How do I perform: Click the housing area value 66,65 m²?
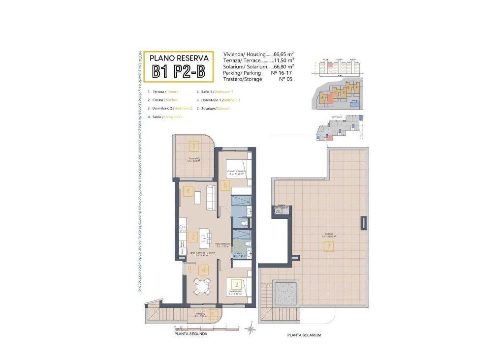[284, 54]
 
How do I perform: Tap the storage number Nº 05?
[285, 79]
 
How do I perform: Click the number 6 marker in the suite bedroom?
[225, 185]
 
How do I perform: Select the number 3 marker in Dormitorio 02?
[236, 284]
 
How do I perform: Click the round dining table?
[202, 286]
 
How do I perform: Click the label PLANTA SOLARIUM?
[304, 335]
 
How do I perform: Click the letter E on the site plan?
[348, 88]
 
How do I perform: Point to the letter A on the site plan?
[322, 97]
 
